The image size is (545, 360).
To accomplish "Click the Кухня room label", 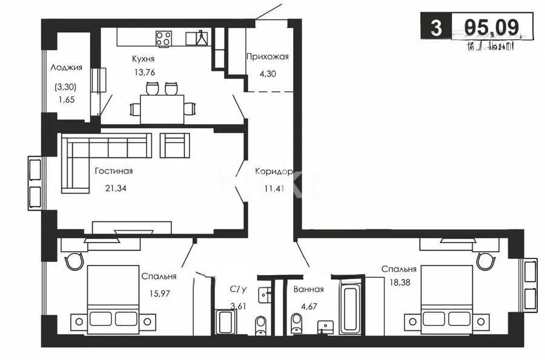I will tap(144, 59).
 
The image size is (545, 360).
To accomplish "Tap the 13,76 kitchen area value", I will tap(144, 71).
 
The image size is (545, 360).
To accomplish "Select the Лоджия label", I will tap(67, 68).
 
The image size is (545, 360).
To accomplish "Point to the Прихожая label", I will tap(267, 57).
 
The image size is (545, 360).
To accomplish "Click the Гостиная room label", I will tap(113, 171).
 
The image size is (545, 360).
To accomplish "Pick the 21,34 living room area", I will tap(115, 188).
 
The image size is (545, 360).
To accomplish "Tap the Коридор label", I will tap(274, 171).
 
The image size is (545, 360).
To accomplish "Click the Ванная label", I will tap(308, 290).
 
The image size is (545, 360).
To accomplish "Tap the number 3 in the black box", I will tap(434, 27).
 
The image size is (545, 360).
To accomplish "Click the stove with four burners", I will tap(163, 39).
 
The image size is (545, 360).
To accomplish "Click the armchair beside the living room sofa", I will tap(175, 145).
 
